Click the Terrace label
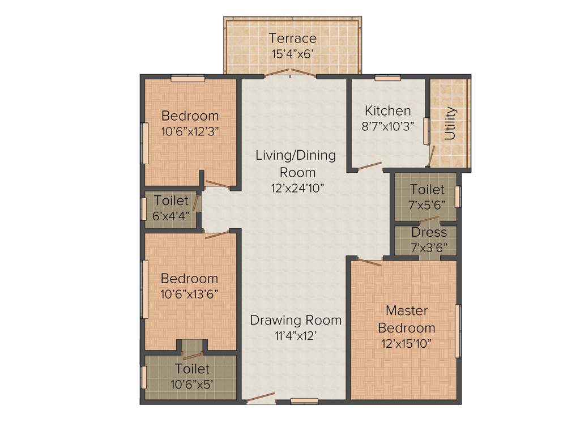(292, 39)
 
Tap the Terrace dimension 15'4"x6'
(292, 54)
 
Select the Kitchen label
(387, 110)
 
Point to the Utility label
(450, 123)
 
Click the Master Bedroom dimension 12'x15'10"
(407, 343)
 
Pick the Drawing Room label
(296, 320)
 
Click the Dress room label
(429, 232)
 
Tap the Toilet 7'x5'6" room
(427, 196)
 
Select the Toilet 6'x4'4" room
(171, 208)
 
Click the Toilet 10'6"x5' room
(191, 377)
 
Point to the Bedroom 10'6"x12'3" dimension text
(190, 130)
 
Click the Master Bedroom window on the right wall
(458, 331)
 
